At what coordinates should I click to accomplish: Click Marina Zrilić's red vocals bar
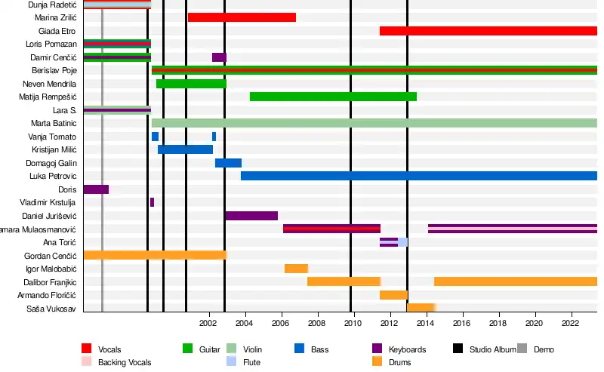tap(242, 17)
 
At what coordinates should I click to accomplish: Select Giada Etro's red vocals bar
tap(488, 31)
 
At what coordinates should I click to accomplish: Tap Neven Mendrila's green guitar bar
tap(191, 84)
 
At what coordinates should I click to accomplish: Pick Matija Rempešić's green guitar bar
tap(333, 97)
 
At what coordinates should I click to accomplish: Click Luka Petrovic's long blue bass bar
tap(418, 176)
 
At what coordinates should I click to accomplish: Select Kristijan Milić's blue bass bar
tap(185, 149)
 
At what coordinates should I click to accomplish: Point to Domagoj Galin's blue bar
tap(228, 163)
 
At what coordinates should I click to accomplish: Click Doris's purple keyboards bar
tap(96, 189)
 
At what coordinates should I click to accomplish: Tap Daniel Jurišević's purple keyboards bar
tap(251, 216)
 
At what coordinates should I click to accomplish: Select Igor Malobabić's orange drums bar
tap(296, 269)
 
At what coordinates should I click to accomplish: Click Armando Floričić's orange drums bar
tap(393, 295)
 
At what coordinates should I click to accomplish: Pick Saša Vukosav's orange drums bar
tap(421, 308)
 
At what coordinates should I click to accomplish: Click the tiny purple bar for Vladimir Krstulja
tap(152, 202)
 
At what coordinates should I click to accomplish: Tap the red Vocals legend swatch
tap(87, 349)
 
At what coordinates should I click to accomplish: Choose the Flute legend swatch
tap(233, 361)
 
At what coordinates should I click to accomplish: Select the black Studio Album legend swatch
tap(458, 349)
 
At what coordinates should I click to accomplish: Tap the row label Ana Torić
tap(60, 242)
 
